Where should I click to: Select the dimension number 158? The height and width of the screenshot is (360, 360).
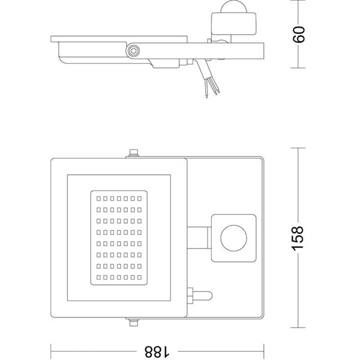[301, 238]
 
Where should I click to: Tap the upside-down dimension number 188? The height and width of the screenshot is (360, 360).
[157, 348]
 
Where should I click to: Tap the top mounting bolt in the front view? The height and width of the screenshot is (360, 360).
[133, 153]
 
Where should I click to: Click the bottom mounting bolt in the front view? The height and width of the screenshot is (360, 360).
[133, 322]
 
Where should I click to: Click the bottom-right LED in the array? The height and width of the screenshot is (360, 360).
[139, 277]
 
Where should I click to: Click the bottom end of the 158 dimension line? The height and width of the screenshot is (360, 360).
[301, 328]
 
